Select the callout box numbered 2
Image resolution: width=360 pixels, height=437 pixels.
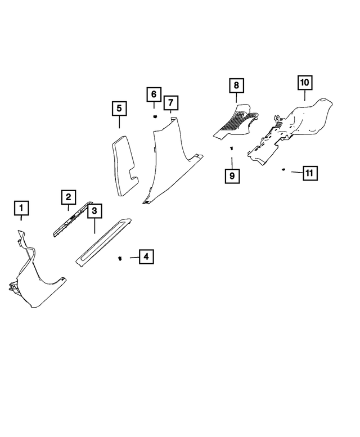tap(68, 197)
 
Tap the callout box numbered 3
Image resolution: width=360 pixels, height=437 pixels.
tap(94, 211)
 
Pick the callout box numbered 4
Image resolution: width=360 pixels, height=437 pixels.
tap(146, 257)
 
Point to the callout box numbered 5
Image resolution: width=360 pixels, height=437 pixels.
tap(119, 109)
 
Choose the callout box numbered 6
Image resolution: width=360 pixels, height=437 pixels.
tap(154, 94)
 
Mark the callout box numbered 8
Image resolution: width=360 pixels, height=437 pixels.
tap(236, 85)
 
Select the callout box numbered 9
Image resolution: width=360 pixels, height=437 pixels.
tap(232, 175)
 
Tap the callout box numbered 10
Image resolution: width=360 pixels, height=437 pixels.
tap(304, 83)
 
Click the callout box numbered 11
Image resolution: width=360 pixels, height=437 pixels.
tap(309, 173)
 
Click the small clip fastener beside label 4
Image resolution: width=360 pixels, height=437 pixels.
tap(120, 258)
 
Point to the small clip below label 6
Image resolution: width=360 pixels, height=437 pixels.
tap(154, 116)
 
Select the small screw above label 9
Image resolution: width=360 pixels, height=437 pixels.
tap(231, 148)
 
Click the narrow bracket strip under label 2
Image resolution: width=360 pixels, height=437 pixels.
tap(73, 220)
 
